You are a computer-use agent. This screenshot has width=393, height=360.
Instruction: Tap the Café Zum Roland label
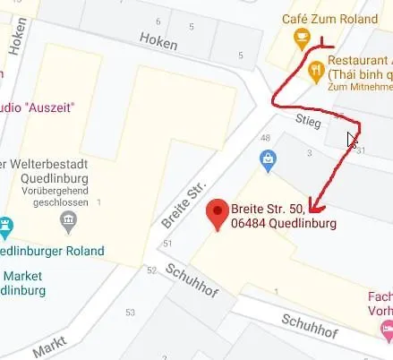[329, 18]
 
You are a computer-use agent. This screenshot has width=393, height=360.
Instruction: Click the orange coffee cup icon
[302, 38]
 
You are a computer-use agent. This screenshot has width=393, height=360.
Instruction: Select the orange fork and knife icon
[314, 68]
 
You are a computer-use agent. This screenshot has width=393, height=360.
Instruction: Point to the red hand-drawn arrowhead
[312, 201]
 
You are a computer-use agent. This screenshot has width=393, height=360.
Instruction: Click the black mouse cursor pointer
[352, 140]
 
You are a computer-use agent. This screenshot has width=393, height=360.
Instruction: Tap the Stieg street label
[310, 118]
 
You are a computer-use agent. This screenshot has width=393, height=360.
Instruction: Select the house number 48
[265, 138]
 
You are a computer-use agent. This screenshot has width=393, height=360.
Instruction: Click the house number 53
[131, 312]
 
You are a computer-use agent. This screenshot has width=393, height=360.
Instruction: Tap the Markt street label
[50, 347]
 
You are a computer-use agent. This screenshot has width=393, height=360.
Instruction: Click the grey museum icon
[68, 219]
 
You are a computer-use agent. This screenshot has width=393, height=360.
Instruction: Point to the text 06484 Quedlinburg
[283, 224]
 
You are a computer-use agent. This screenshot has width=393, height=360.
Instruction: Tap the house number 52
[151, 270]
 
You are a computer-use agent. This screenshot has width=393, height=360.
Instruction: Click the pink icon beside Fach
[385, 331]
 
